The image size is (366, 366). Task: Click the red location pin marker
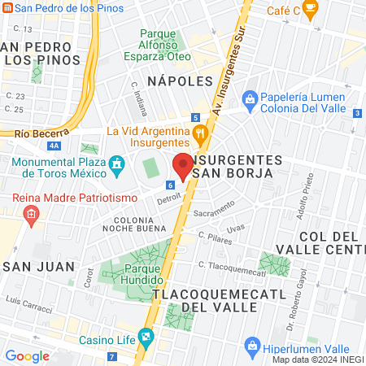click(183, 166)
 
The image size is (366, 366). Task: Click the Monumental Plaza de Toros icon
click(118, 163)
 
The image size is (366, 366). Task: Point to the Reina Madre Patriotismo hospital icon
click(32, 216)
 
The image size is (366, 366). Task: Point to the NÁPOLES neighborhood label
click(179, 81)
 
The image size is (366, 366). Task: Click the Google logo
click(27, 355)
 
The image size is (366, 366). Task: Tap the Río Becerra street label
click(33, 133)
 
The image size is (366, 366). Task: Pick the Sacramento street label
click(213, 213)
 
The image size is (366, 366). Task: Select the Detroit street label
click(169, 198)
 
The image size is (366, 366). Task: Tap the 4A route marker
click(54, 146)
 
